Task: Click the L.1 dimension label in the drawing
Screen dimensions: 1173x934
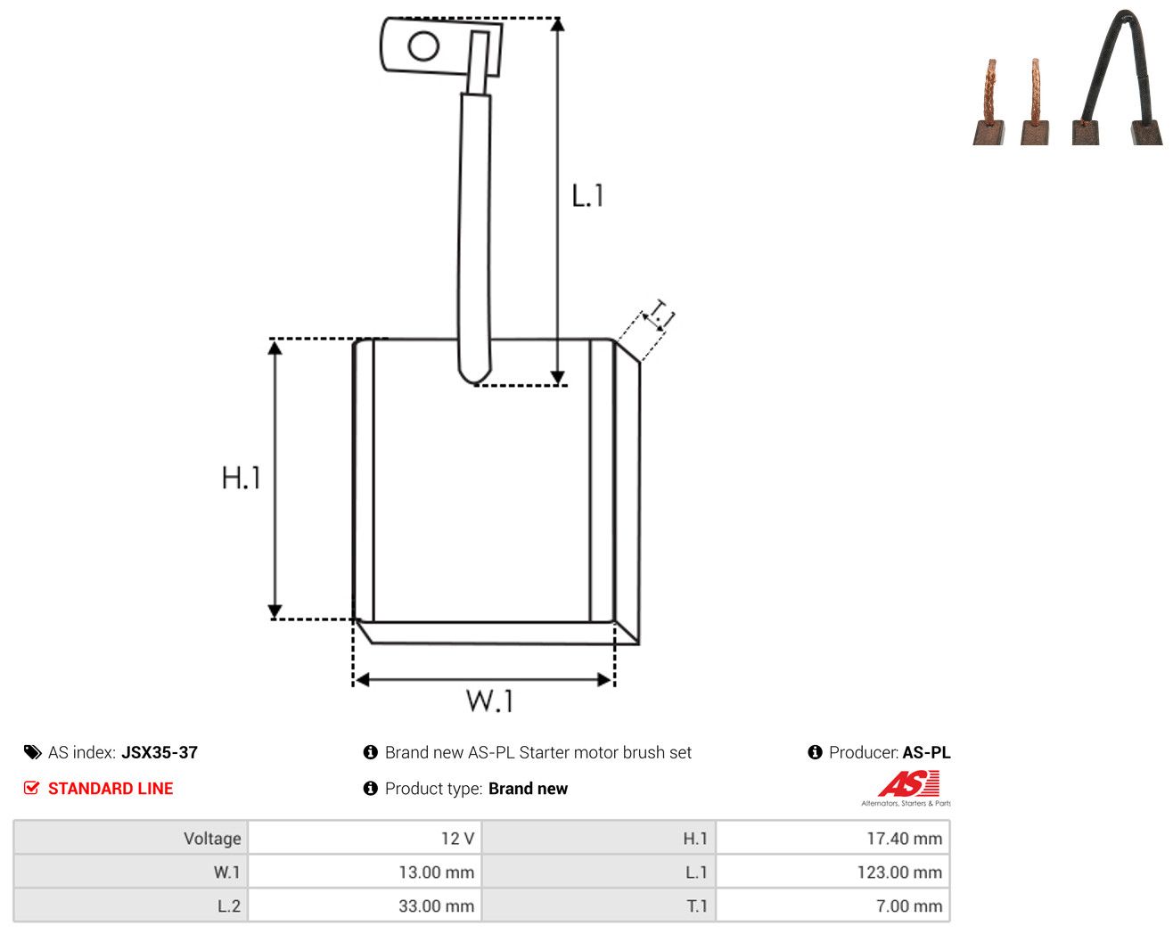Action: tap(587, 195)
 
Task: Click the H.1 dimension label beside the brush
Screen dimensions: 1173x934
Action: tap(241, 478)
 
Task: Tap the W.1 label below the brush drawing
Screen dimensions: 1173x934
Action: tap(489, 700)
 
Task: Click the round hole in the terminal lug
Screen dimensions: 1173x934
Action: tap(423, 46)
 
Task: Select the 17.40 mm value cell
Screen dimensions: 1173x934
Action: tap(833, 838)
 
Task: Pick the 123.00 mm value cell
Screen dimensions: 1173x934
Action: tap(833, 872)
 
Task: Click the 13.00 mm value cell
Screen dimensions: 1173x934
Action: tap(364, 872)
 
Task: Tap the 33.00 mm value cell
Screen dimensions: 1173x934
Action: tap(364, 905)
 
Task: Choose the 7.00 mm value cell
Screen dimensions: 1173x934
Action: tap(833, 905)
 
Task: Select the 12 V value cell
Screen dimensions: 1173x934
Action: tap(364, 838)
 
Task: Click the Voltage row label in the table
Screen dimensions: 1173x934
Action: tap(212, 838)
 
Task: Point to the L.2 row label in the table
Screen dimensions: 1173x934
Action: tap(228, 905)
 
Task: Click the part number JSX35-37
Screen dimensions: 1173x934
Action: tap(160, 752)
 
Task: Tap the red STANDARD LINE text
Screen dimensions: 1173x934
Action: tap(111, 788)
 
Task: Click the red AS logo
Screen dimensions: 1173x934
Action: tap(908, 783)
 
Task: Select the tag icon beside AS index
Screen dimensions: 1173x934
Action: tap(32, 752)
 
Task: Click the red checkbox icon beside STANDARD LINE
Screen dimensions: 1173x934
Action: tap(31, 788)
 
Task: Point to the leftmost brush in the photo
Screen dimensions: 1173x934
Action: tap(989, 102)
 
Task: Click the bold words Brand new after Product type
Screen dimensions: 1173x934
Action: tap(528, 788)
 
